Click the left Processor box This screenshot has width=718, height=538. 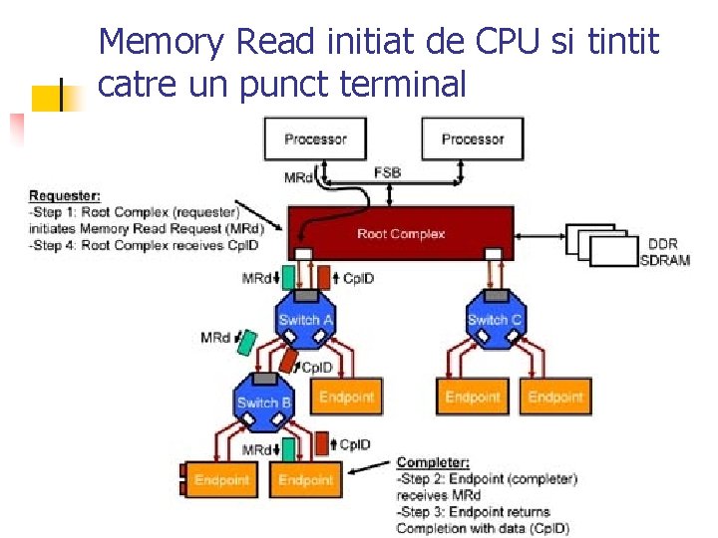(x=314, y=139)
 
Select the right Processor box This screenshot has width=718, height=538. (x=472, y=139)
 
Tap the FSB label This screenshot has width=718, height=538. (x=388, y=173)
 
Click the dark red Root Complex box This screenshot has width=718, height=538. (x=400, y=233)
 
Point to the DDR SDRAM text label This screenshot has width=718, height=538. (x=662, y=251)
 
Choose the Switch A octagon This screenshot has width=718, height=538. (x=305, y=320)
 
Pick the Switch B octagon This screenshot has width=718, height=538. (x=263, y=403)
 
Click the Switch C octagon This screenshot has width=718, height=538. (x=494, y=320)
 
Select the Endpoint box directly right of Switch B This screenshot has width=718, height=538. (x=346, y=398)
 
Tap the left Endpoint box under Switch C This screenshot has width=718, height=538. (x=472, y=398)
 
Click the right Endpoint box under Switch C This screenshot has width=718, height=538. (x=555, y=398)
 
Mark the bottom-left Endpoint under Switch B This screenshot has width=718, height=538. (x=221, y=480)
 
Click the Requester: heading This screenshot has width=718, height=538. (x=65, y=195)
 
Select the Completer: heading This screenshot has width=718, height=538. (x=433, y=462)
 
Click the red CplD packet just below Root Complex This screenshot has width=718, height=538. (x=324, y=277)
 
